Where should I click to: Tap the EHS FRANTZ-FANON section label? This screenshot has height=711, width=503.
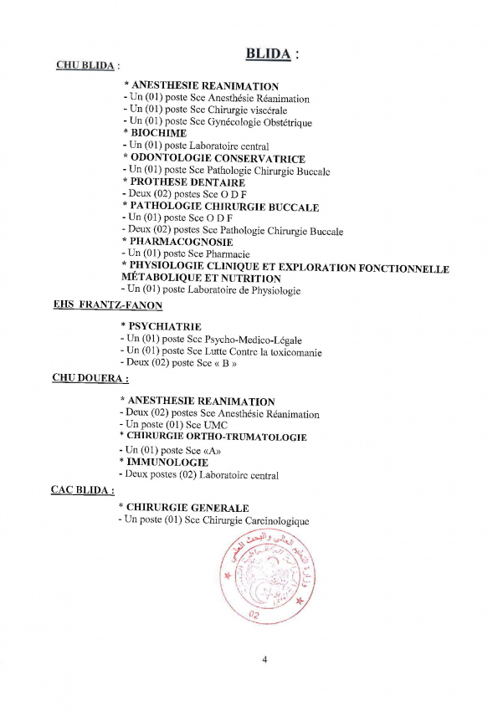click(x=108, y=305)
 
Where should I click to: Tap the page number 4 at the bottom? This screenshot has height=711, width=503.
click(x=264, y=660)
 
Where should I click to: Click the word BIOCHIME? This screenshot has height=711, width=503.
click(x=159, y=133)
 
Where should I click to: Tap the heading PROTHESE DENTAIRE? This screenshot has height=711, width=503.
click(x=187, y=182)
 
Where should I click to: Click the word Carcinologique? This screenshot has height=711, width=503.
click(x=275, y=521)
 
